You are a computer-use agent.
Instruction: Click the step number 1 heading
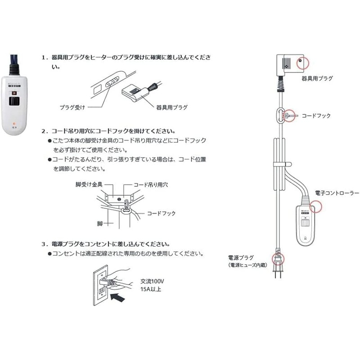(x=126, y=58)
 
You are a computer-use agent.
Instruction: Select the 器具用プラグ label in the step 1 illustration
(x=172, y=108)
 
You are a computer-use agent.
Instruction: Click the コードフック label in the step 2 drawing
(x=161, y=213)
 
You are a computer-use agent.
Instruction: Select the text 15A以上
(x=150, y=289)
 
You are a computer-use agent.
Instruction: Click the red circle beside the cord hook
(x=288, y=116)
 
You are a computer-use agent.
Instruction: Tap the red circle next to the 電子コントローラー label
(x=317, y=206)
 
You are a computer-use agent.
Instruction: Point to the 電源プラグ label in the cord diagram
(x=241, y=257)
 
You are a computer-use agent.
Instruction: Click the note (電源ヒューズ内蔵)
(x=247, y=265)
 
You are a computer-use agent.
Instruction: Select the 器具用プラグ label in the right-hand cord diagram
(x=318, y=78)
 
